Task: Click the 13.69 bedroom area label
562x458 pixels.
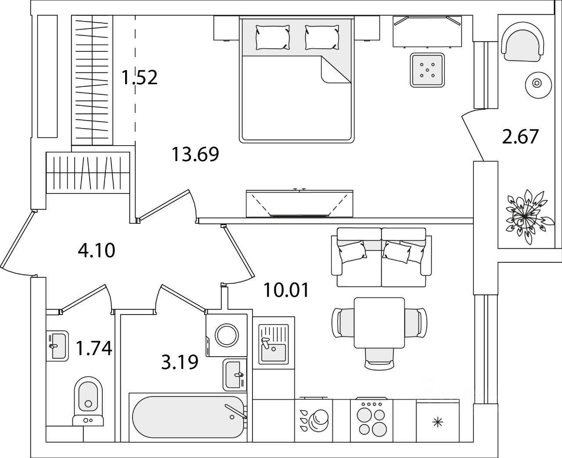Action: [x=195, y=154]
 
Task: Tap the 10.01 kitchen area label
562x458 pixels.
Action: [x=287, y=290]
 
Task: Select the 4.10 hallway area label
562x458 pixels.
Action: [x=96, y=250]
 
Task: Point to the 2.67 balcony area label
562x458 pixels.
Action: [x=520, y=136]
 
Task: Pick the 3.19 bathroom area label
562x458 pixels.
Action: [x=180, y=362]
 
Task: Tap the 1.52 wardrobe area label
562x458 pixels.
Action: [x=140, y=78]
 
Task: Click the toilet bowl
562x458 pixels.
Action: [x=88, y=401]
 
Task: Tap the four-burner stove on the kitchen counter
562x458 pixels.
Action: [x=368, y=421]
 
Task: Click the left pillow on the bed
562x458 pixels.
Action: [x=273, y=37]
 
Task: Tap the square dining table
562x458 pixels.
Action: [x=379, y=322]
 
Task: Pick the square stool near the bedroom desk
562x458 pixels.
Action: [x=427, y=70]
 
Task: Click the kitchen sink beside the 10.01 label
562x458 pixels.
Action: [x=273, y=344]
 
